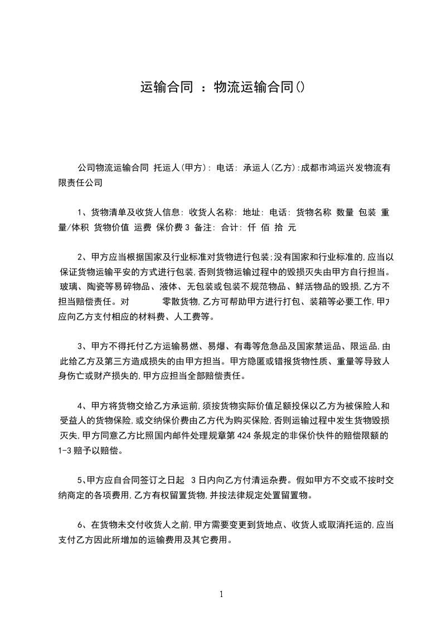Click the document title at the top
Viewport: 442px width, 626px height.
[x=222, y=88]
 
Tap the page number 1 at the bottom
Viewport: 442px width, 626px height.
[x=221, y=594]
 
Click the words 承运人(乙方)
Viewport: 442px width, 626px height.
[x=270, y=167]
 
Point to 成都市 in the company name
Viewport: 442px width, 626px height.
[x=315, y=167]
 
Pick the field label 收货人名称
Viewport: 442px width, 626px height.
[x=213, y=213]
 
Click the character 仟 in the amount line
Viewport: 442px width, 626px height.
[x=251, y=228]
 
